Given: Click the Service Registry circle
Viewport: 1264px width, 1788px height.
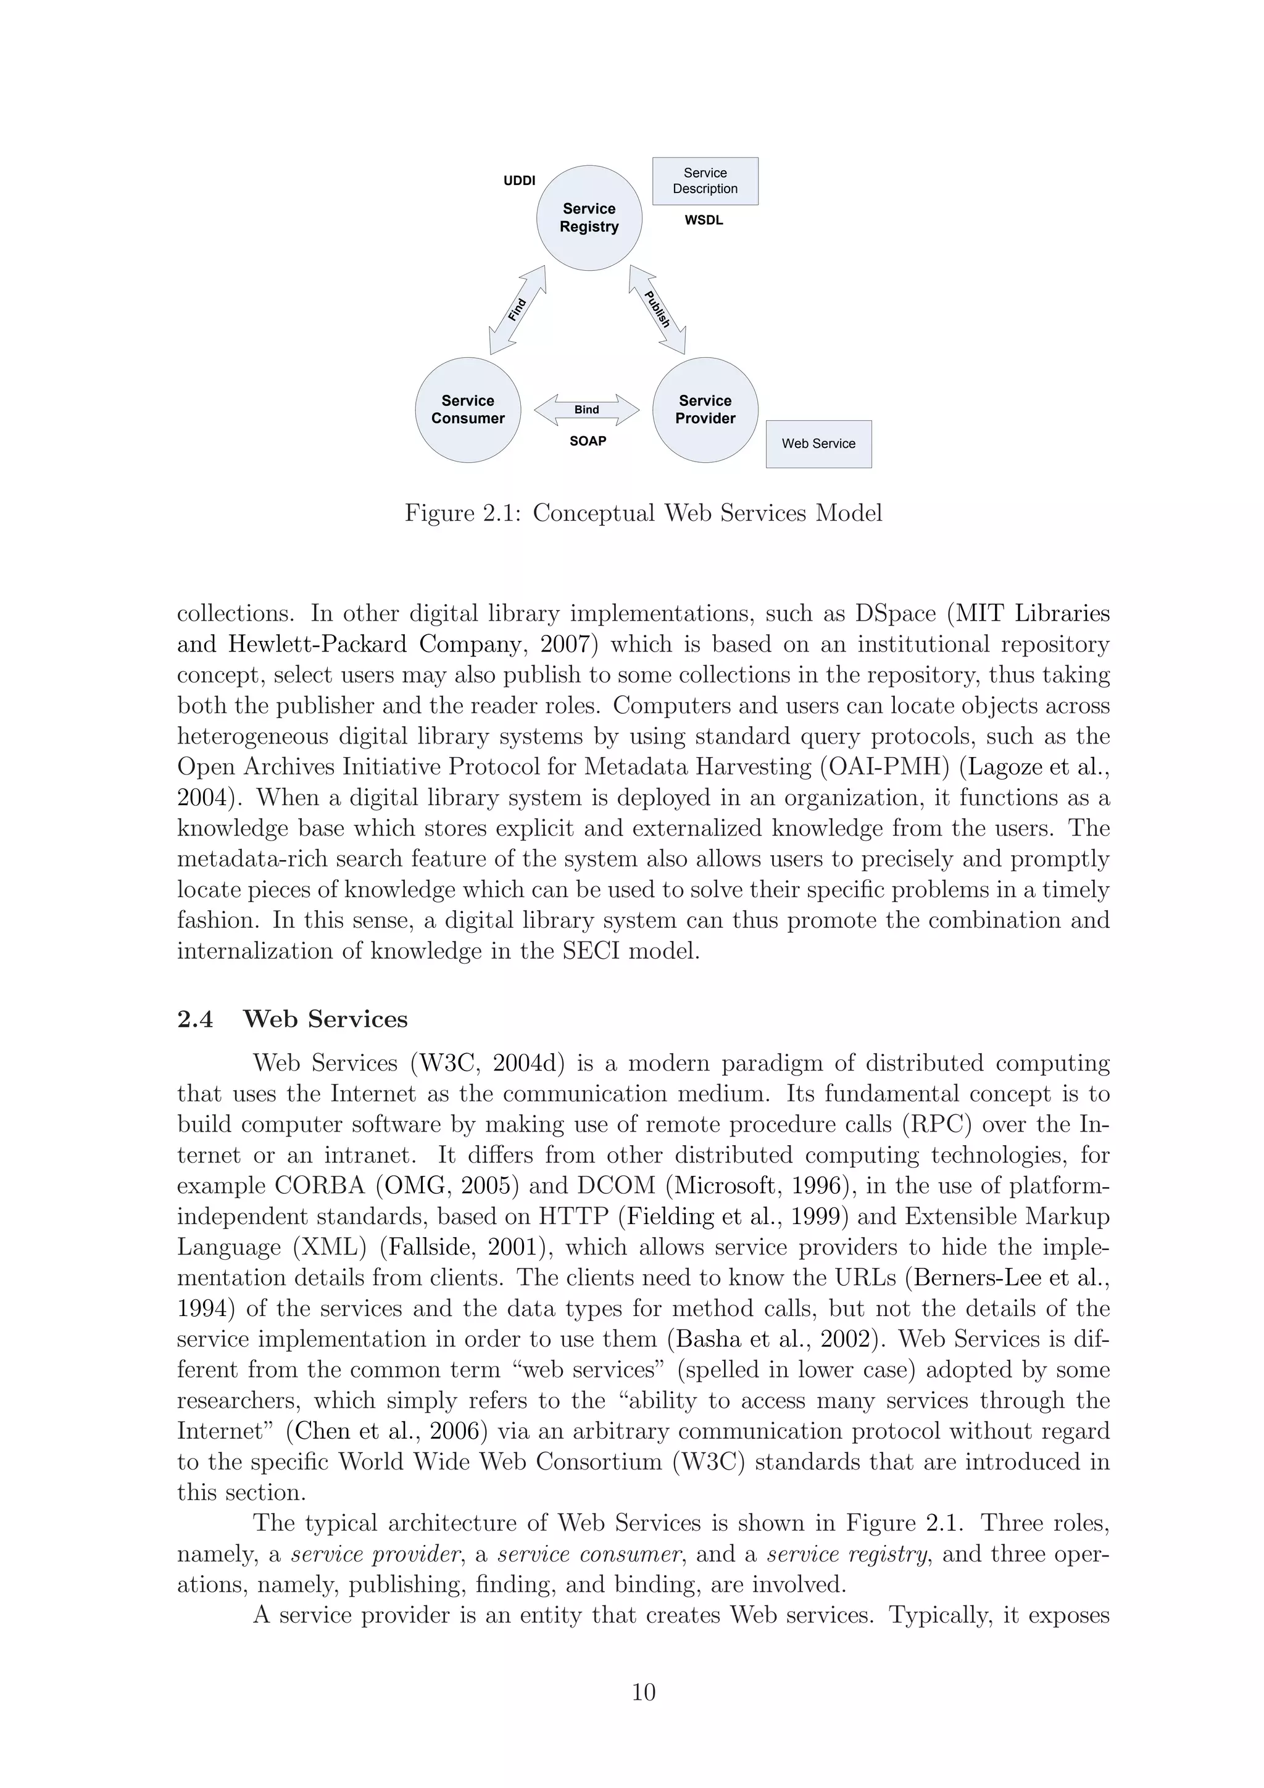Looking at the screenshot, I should tap(589, 218).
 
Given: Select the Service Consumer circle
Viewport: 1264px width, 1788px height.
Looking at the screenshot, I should tap(467, 410).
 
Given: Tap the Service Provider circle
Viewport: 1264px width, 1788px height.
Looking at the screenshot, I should tap(705, 410).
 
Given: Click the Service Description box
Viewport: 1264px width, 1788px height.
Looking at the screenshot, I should tap(705, 181).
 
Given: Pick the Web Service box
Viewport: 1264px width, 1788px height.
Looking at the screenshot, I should tap(818, 444).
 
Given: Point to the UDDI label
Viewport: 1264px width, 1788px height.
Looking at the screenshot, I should tap(520, 181).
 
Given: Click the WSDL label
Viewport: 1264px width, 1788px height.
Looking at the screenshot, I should tap(703, 220).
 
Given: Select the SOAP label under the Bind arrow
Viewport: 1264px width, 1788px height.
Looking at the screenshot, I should tap(587, 441).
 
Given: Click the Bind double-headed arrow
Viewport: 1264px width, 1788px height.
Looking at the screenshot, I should tap(586, 410).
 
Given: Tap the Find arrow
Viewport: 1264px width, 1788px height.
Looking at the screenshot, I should tap(517, 310).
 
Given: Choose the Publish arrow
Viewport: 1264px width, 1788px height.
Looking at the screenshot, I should tap(657, 310).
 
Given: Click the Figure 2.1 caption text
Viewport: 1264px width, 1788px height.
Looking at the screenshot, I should tap(643, 513).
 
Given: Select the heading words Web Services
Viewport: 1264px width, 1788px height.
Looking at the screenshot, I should tap(325, 1019).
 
